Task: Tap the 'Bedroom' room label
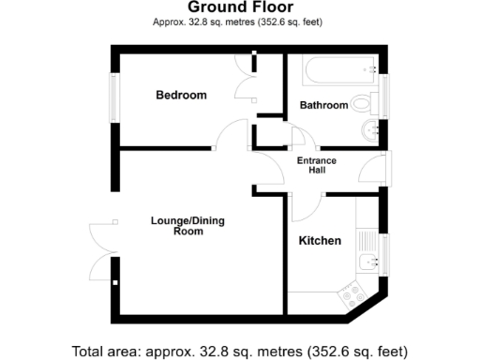point(181,96)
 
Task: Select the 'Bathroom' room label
point(323,105)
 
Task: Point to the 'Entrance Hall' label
point(317,166)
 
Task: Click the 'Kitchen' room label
point(319,241)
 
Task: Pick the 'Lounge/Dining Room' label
point(187,226)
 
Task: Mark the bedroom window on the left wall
point(113,97)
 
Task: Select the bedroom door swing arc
point(230,136)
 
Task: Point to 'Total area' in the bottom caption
point(104,352)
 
